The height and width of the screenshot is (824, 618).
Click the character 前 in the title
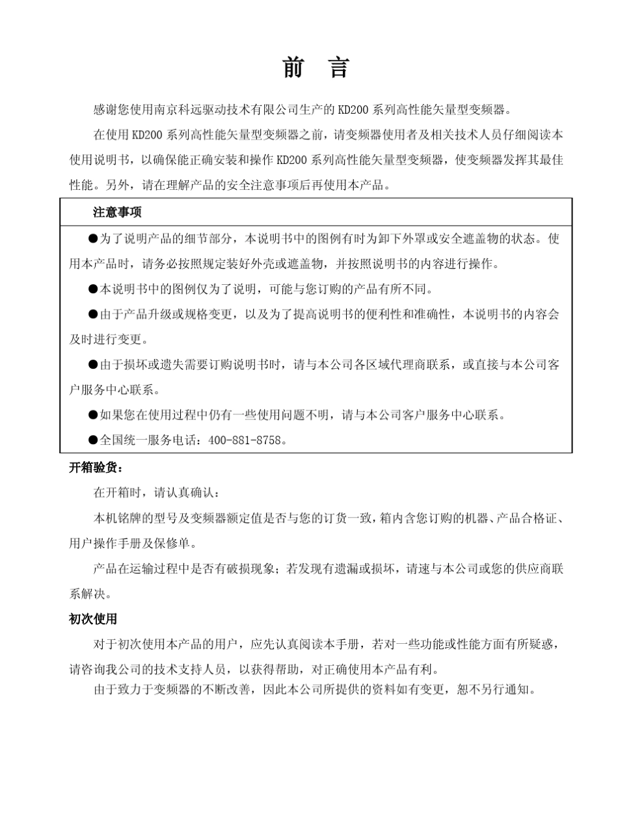pos(293,67)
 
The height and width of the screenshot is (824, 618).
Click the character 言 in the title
pos(339,67)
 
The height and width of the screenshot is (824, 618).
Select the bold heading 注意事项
pos(117,212)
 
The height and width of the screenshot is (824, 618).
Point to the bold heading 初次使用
pos(93,619)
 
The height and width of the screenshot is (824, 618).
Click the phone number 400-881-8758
pos(246,440)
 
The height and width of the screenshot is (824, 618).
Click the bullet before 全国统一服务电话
pos(93,440)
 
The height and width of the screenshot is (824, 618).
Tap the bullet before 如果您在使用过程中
pos(93,414)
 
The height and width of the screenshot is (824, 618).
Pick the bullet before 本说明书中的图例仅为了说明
pos(93,288)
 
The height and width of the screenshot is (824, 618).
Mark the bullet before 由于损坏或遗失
pos(93,364)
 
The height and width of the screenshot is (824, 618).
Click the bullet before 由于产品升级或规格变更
pos(93,313)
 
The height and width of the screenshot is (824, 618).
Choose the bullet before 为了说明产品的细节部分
pos(93,238)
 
